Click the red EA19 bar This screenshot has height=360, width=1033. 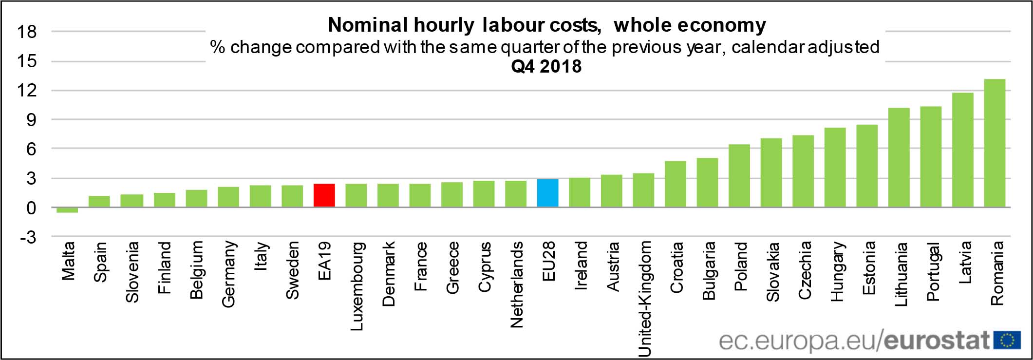[x=324, y=195]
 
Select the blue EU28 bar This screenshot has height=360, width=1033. [x=547, y=193]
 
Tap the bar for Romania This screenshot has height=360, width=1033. [x=995, y=143]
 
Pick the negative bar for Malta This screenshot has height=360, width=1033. [x=67, y=210]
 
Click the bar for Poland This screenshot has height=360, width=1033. [x=739, y=176]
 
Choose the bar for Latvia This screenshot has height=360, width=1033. [x=962, y=150]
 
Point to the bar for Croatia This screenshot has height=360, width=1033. [x=675, y=184]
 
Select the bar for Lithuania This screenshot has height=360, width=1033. [x=899, y=157]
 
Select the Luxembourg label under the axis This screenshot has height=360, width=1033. [x=357, y=286]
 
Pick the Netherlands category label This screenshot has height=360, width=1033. [x=516, y=284]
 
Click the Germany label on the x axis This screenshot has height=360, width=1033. [x=228, y=274]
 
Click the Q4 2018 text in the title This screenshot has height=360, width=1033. [x=546, y=66]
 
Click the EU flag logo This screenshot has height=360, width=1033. [x=1007, y=340]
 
